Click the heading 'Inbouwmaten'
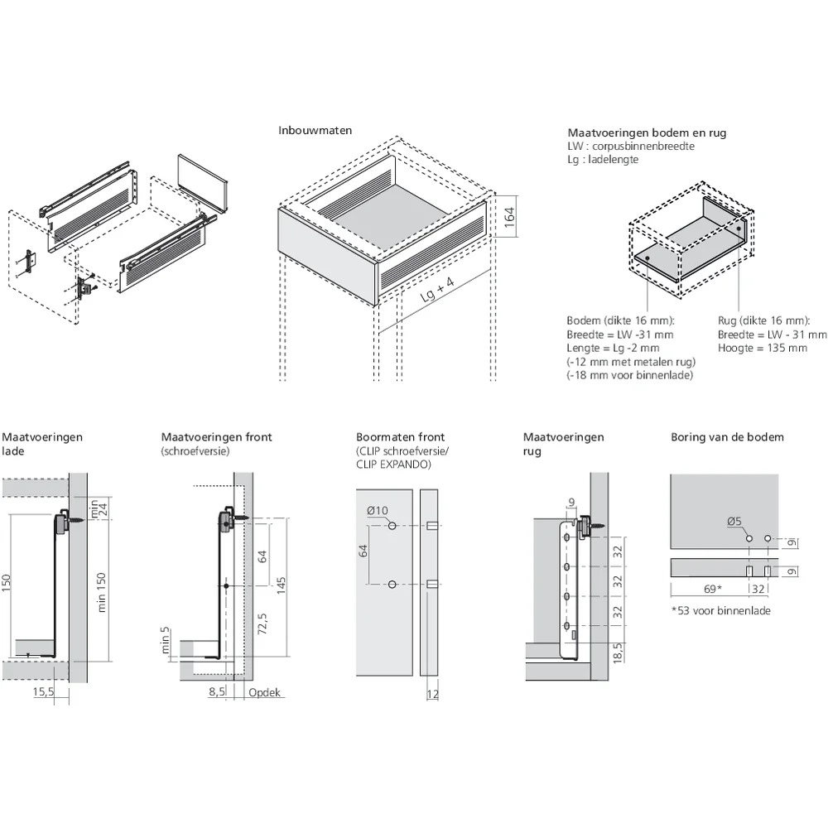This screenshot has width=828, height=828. click(315, 131)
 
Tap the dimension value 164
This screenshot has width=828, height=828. click(510, 217)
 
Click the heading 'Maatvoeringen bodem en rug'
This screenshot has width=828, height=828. click(647, 132)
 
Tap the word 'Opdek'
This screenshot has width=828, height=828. click(264, 692)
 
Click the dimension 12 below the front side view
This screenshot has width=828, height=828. click(433, 694)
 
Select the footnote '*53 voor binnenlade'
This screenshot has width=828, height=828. click(720, 611)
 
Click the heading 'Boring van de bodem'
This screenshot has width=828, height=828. click(726, 437)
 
